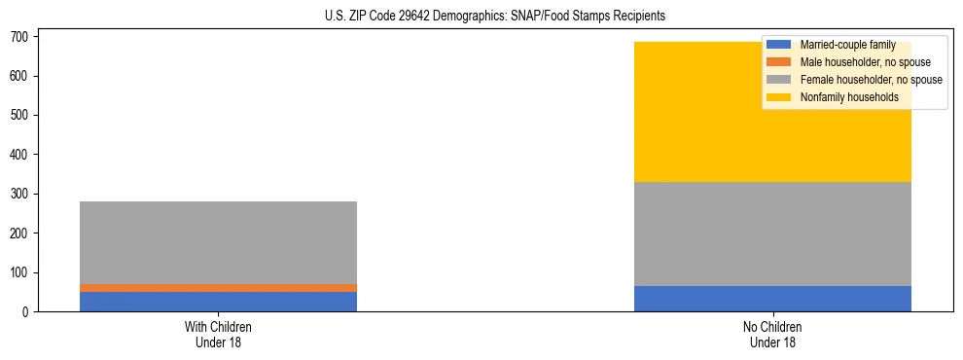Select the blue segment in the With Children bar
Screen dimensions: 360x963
click(x=218, y=302)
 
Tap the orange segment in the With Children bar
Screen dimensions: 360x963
click(x=218, y=288)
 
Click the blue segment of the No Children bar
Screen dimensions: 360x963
click(x=772, y=299)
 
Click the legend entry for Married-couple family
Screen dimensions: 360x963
click(x=855, y=45)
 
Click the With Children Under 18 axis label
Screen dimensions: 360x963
click(x=218, y=334)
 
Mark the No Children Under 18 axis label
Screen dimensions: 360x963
click(x=772, y=334)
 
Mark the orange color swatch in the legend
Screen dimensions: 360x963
click(x=779, y=62)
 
